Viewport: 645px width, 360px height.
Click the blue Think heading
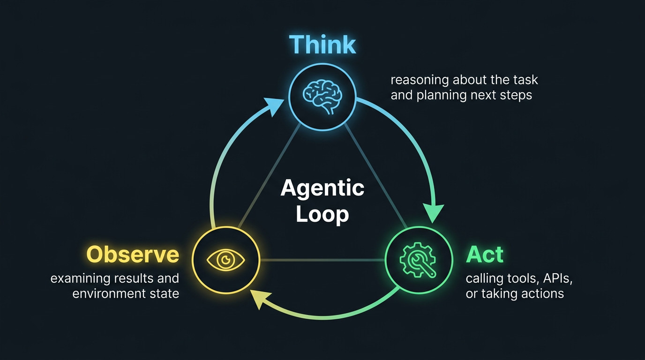pos(322,45)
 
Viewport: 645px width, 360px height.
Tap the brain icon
pos(322,96)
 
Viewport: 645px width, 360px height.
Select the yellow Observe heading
pos(133,255)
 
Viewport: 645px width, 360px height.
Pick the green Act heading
pos(484,255)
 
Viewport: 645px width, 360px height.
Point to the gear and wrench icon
pos(418,259)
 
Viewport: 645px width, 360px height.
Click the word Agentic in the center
pos(322,188)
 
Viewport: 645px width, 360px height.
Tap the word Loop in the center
pos(322,214)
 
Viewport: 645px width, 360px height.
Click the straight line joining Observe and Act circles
pos(322,260)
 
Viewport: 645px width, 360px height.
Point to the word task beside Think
pos(525,80)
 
